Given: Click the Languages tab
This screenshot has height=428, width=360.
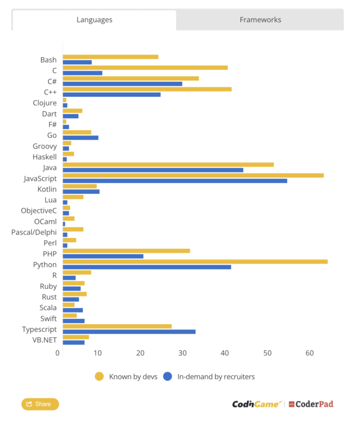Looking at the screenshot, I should tap(94, 20).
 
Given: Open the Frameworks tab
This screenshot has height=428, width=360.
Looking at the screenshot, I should tap(260, 20).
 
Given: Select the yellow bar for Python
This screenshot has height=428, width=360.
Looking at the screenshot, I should tap(195, 262).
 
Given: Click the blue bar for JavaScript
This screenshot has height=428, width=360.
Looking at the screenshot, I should tap(174, 181).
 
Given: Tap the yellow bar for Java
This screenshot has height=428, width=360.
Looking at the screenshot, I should tap(168, 165).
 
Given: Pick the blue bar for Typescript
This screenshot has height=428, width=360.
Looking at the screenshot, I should tap(129, 332).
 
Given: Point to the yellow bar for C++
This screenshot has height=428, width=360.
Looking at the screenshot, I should tap(147, 89).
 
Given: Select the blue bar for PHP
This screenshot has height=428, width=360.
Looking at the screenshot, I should tap(103, 256).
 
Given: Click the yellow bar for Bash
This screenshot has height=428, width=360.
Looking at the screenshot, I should tap(110, 57).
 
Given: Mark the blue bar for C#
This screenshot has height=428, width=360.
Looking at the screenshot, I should tap(122, 83).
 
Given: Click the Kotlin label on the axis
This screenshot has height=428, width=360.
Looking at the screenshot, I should tap(47, 189).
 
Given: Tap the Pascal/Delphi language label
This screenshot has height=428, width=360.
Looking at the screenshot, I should tap(34, 232).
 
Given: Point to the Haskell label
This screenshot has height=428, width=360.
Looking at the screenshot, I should tap(44, 157).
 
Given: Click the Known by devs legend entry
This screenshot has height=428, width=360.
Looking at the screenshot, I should tap(126, 377).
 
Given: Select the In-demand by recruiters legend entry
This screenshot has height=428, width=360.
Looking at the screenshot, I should tap(209, 377).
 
